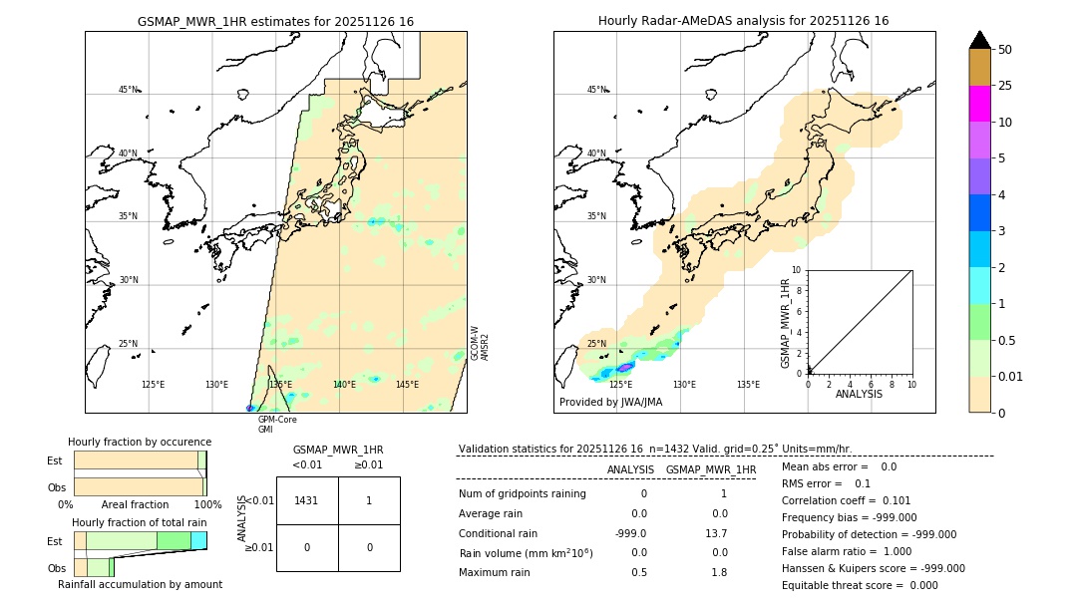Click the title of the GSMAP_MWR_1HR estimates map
pyautogui.click(x=275, y=21)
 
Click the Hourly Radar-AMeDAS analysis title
pyautogui.click(x=743, y=21)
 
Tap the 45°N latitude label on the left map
pyautogui.click(x=128, y=90)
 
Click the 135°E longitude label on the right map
pyautogui.click(x=748, y=385)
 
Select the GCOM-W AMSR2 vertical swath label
pyautogui.click(x=479, y=342)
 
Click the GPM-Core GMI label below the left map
pyautogui.click(x=277, y=425)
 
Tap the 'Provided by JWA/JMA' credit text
pyautogui.click(x=610, y=403)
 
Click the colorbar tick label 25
pyautogui.click(x=1005, y=86)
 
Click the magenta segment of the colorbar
pyautogui.click(x=979, y=104)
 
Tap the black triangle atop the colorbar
pyautogui.click(x=979, y=40)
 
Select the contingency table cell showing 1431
pyautogui.click(x=307, y=500)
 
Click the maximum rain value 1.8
pyautogui.click(x=718, y=572)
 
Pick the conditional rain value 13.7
pyautogui.click(x=718, y=533)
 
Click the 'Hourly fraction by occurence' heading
pyautogui.click(x=140, y=442)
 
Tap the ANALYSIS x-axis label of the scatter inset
pyautogui.click(x=860, y=394)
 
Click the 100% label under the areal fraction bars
pyautogui.click(x=206, y=505)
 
